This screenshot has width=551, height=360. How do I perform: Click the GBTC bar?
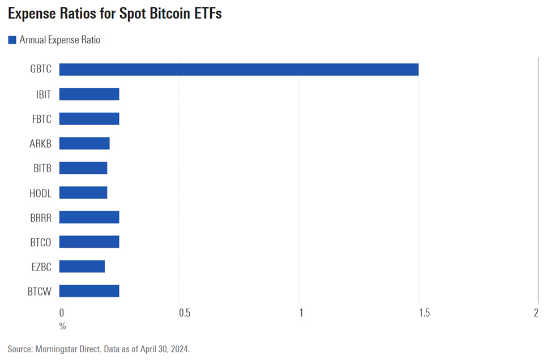(238, 70)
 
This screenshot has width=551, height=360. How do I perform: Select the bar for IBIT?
(89, 94)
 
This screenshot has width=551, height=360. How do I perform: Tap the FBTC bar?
(89, 119)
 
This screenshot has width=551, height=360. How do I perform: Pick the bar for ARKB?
(84, 143)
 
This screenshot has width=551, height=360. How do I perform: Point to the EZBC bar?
(82, 266)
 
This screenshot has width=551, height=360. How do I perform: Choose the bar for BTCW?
(89, 291)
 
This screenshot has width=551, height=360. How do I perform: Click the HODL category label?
(40, 193)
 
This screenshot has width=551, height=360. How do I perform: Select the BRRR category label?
(40, 217)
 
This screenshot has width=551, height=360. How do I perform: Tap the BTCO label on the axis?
(40, 242)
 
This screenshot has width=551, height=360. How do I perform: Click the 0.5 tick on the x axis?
(182, 313)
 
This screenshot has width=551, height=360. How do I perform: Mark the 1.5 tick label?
(421, 313)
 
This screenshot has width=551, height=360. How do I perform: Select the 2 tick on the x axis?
(536, 313)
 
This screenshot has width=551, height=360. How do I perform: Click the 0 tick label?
(62, 313)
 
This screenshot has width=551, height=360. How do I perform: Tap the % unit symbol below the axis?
(62, 326)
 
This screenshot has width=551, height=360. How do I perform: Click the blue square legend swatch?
(12, 40)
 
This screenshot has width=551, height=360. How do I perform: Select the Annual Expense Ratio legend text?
(60, 40)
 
